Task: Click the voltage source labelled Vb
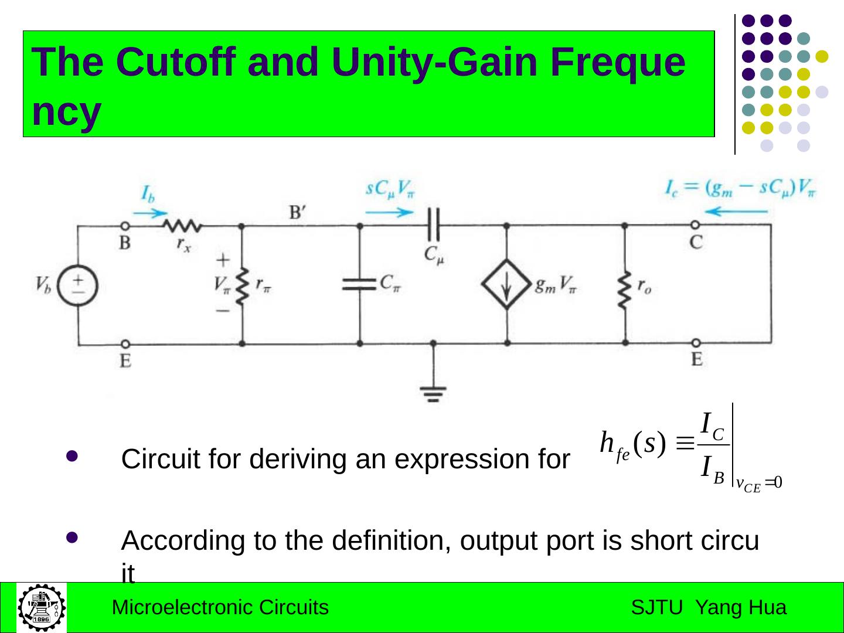[x=77, y=285]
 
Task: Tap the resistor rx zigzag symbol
[x=182, y=225]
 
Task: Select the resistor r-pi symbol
[x=241, y=286]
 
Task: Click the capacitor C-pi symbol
[x=359, y=284]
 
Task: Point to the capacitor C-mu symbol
[x=433, y=224]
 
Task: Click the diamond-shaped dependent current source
[x=506, y=285]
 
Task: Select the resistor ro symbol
[x=625, y=287]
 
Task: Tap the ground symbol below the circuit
[x=433, y=392]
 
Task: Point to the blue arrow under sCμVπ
[x=382, y=212]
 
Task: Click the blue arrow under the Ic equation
[x=736, y=211]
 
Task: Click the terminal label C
[x=696, y=242]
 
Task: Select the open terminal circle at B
[x=124, y=225]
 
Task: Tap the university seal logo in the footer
[x=40, y=607]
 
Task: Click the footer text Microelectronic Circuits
[x=220, y=608]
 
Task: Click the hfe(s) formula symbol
[x=632, y=445]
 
